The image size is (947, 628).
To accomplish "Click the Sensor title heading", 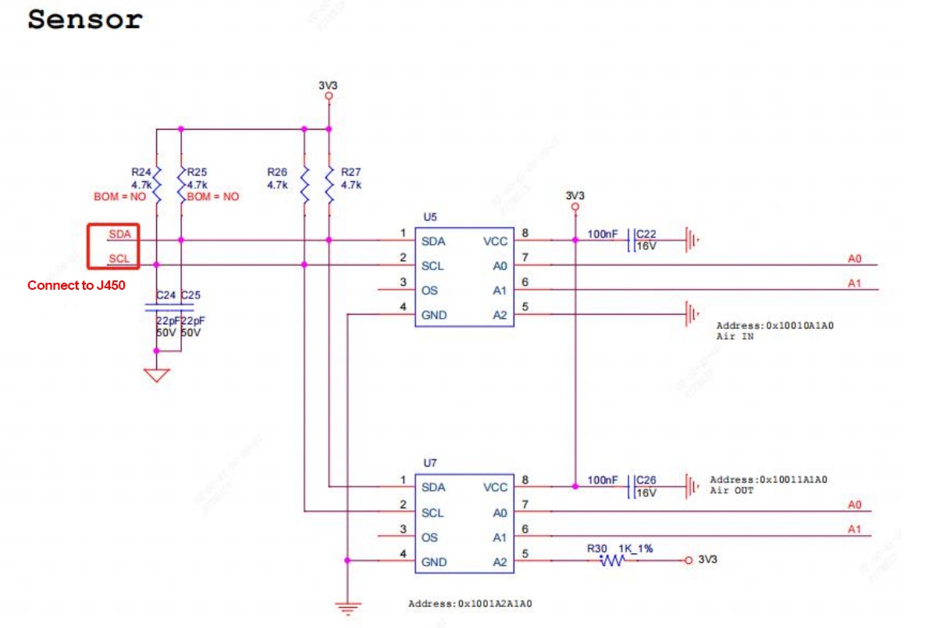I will point(84,20).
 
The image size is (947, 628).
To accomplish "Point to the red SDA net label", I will point(119,234).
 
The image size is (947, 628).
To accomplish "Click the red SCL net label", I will point(119,259).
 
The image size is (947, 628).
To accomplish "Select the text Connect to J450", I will point(77,286).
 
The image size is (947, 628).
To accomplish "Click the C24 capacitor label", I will point(166,296).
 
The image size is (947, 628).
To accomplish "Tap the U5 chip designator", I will point(430,216).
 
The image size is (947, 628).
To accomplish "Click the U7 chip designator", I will point(430,463).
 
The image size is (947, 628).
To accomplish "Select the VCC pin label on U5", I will point(495,241).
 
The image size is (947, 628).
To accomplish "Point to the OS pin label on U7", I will point(429,537).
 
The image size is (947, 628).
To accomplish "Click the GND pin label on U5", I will point(434,315).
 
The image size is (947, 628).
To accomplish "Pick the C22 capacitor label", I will point(646,234).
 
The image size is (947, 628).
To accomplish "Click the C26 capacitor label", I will point(646,480).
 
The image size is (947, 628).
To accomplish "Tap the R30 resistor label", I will point(597,549).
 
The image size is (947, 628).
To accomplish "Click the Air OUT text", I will point(732,490).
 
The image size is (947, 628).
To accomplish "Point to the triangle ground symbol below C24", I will point(157,376).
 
